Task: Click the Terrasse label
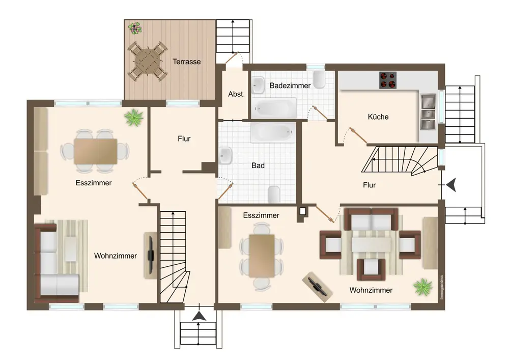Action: coord(187,61)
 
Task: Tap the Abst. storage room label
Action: coord(236,94)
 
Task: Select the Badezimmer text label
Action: coord(290,86)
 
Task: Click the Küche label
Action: coord(378,117)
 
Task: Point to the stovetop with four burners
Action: coord(388,80)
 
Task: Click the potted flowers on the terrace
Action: coord(135,28)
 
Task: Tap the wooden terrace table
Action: coord(148,61)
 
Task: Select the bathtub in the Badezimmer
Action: coord(274,108)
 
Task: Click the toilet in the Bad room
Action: coord(274,194)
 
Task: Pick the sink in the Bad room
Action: coord(225,155)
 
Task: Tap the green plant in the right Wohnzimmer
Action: coord(423,287)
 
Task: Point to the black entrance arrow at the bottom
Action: coord(199,316)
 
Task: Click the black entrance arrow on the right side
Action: coord(451,185)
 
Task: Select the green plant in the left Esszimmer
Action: coord(133,118)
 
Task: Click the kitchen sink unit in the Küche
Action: coord(428,112)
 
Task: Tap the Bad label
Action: coord(258,165)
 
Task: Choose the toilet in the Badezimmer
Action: coord(320,79)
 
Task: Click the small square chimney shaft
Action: coord(302,211)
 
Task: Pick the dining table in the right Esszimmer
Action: coord(262,256)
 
